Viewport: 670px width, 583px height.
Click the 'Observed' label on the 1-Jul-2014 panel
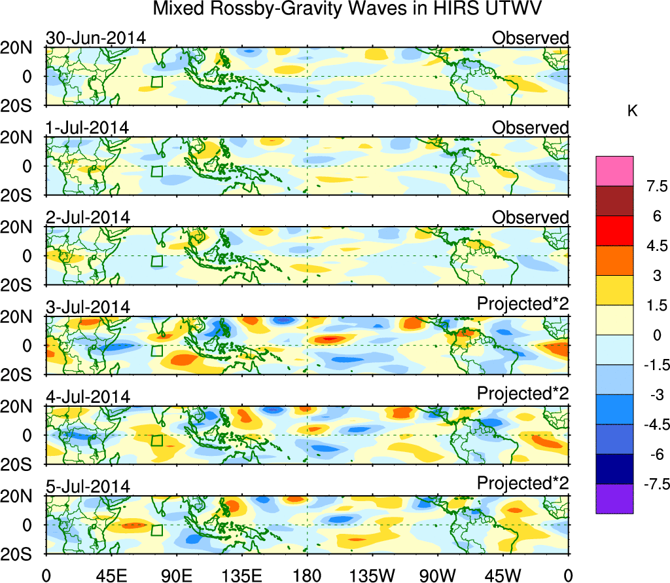(530, 128)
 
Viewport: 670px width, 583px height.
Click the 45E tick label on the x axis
(110, 574)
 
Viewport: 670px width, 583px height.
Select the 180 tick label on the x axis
(307, 574)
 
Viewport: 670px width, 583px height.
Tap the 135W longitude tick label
(372, 574)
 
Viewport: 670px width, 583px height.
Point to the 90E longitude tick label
(175, 574)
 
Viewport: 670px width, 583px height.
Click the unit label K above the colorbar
(633, 111)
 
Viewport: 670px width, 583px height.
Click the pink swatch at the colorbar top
(614, 171)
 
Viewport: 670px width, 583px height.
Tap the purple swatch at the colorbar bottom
(614, 498)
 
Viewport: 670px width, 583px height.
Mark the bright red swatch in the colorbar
(614, 231)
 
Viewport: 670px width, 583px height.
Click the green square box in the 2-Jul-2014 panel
(156, 261)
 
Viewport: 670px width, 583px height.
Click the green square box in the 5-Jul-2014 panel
(156, 530)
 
